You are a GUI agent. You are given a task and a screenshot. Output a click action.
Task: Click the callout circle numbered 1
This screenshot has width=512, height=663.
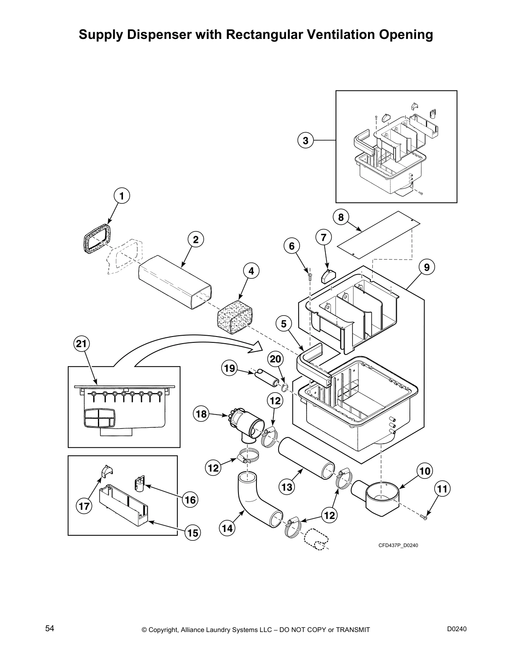coord(121,195)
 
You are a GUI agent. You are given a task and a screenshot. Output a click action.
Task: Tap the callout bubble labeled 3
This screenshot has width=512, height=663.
coord(306,140)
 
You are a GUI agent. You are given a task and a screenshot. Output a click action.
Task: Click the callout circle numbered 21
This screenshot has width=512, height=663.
coord(82,344)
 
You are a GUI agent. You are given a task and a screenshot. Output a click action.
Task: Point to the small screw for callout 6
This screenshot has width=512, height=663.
coord(310,275)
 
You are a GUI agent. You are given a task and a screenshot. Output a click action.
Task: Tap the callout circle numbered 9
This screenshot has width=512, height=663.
coord(427,267)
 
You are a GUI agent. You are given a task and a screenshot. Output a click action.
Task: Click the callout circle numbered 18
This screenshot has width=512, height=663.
coord(201,414)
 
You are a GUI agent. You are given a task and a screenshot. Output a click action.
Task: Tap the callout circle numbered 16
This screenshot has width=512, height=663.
coord(190,500)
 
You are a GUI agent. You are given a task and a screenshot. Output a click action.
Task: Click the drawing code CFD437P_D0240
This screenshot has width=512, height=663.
coord(398,545)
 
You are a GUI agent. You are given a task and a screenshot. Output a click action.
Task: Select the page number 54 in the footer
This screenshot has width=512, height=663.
coord(50,629)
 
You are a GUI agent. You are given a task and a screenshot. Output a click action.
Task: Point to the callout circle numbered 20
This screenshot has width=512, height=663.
coord(276,359)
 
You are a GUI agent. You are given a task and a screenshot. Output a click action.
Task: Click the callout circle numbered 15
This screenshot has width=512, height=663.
coord(193,533)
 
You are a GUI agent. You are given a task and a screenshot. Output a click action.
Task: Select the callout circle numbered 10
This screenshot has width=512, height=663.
coord(425,471)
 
